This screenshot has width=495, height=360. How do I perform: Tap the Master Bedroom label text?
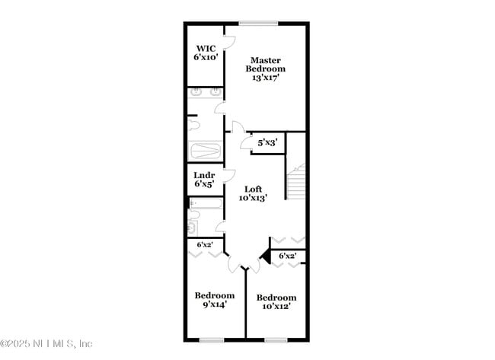coord(266,65)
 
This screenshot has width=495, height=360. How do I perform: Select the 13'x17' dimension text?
coord(266,78)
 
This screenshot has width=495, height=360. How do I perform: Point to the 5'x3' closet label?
coord(267,142)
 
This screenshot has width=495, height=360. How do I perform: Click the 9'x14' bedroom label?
coord(214,300)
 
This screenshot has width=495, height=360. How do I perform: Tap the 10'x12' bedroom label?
coord(276,301)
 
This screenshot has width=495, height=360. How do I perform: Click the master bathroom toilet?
coord(193,124)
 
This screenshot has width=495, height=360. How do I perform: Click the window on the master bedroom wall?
coord(259,24)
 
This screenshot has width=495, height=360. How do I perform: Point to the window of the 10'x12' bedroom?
coord(276,339)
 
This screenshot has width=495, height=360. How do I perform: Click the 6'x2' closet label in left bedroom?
coord(205,245)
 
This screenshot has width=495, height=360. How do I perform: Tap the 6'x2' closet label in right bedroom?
coord(287,256)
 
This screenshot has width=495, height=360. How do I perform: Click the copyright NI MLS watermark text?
coord(46,343)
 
